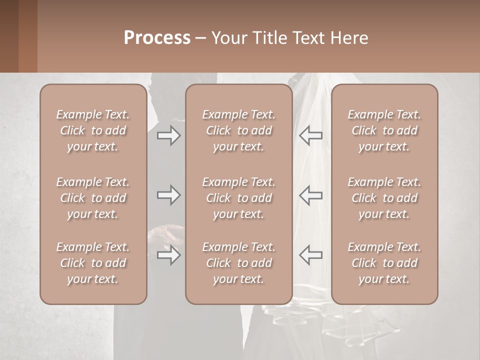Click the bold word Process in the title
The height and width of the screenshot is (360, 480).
tap(157, 38)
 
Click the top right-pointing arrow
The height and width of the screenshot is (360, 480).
tap(168, 135)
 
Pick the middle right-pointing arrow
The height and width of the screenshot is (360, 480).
tap(168, 195)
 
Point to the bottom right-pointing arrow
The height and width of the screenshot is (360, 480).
tap(168, 255)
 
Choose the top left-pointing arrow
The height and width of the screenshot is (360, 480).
tap(310, 135)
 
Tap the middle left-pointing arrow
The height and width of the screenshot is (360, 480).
tap(310, 195)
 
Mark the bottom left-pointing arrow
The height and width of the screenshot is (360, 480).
tap(310, 254)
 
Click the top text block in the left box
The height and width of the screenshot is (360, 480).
tap(93, 130)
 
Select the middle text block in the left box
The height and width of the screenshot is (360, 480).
tap(93, 198)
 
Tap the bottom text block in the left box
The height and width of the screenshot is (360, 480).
tap(93, 263)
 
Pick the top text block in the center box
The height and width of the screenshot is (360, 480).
tap(239, 130)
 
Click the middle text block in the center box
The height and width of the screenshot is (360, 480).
tap(239, 198)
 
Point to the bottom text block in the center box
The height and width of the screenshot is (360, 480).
tap(239, 263)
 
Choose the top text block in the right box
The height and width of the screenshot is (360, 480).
tap(384, 130)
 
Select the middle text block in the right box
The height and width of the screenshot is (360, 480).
tap(384, 198)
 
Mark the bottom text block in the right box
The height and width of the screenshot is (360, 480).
tap(384, 263)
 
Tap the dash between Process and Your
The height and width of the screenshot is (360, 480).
tap(200, 39)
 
